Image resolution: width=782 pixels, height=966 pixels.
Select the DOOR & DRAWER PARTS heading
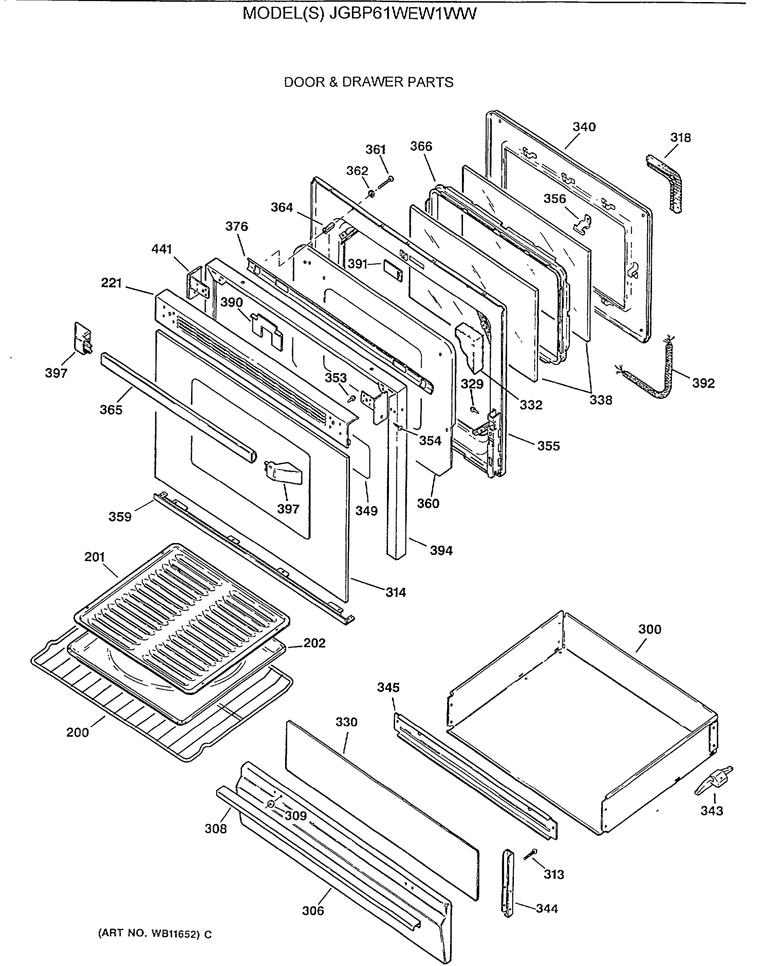[x=368, y=83]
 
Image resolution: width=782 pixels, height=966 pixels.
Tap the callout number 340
[x=584, y=127]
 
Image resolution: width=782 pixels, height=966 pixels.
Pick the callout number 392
[x=703, y=383]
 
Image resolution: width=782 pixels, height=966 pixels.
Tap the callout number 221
[x=111, y=283]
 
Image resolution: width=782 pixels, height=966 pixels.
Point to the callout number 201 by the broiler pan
[x=95, y=557]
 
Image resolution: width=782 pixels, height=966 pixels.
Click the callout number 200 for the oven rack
[x=77, y=733]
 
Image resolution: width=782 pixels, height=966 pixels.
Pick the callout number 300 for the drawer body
[x=650, y=629]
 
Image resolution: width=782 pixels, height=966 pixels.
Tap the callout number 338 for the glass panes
[x=601, y=400]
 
